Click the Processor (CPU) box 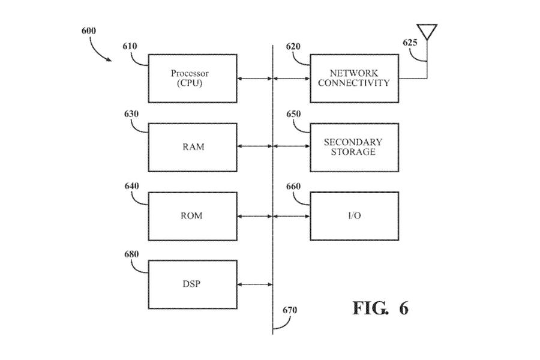tap(190, 78)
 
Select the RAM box tap(193, 147)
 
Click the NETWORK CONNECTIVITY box tap(354, 78)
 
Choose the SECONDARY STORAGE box tap(354, 147)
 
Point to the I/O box tap(354, 216)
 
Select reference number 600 tap(88, 31)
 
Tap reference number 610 tap(130, 46)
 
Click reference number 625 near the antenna tap(410, 43)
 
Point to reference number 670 tap(290, 310)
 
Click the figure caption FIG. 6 tap(380, 308)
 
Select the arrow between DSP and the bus tap(254, 284)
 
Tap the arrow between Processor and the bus tap(254, 78)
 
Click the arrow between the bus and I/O tap(292, 216)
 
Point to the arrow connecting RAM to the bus tap(254, 147)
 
